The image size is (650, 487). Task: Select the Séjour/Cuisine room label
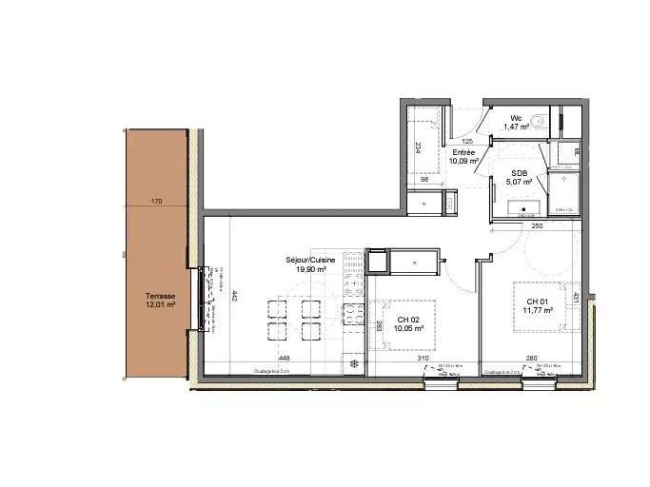point(305,260)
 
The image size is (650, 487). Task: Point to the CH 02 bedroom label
point(410,320)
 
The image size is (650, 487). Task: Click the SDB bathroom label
point(520,172)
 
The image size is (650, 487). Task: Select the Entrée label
point(464,152)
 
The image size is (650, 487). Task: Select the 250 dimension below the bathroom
point(536,225)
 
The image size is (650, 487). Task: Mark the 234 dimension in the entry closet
point(417,147)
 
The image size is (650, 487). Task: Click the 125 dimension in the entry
point(467,141)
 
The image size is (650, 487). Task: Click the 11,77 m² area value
point(540,311)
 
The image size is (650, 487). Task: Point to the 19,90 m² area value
point(305,269)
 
